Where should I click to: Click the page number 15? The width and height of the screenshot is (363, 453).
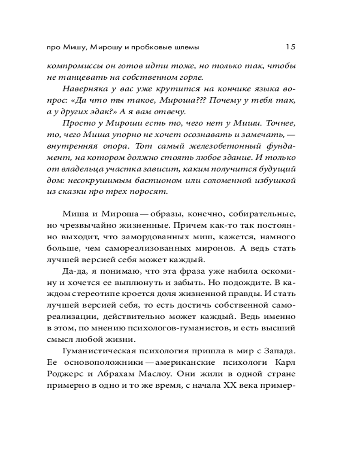290,46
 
